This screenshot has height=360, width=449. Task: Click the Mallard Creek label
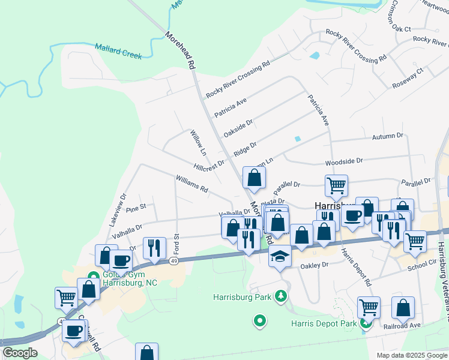coord(118,51)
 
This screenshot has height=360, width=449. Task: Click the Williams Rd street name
coord(191,184)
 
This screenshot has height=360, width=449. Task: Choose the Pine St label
coord(136,208)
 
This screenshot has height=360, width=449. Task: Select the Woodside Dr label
coord(344,161)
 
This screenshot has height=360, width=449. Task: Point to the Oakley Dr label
coord(315,265)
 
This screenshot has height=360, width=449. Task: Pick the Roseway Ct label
coord(408,77)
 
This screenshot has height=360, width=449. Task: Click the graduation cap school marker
coord(279,256)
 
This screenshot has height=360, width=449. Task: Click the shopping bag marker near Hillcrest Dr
coord(254,178)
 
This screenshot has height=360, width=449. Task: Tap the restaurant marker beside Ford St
coord(154,247)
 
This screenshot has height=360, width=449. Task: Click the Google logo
coord(19,353)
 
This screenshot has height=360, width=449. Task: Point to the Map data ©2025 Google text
coord(411,355)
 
